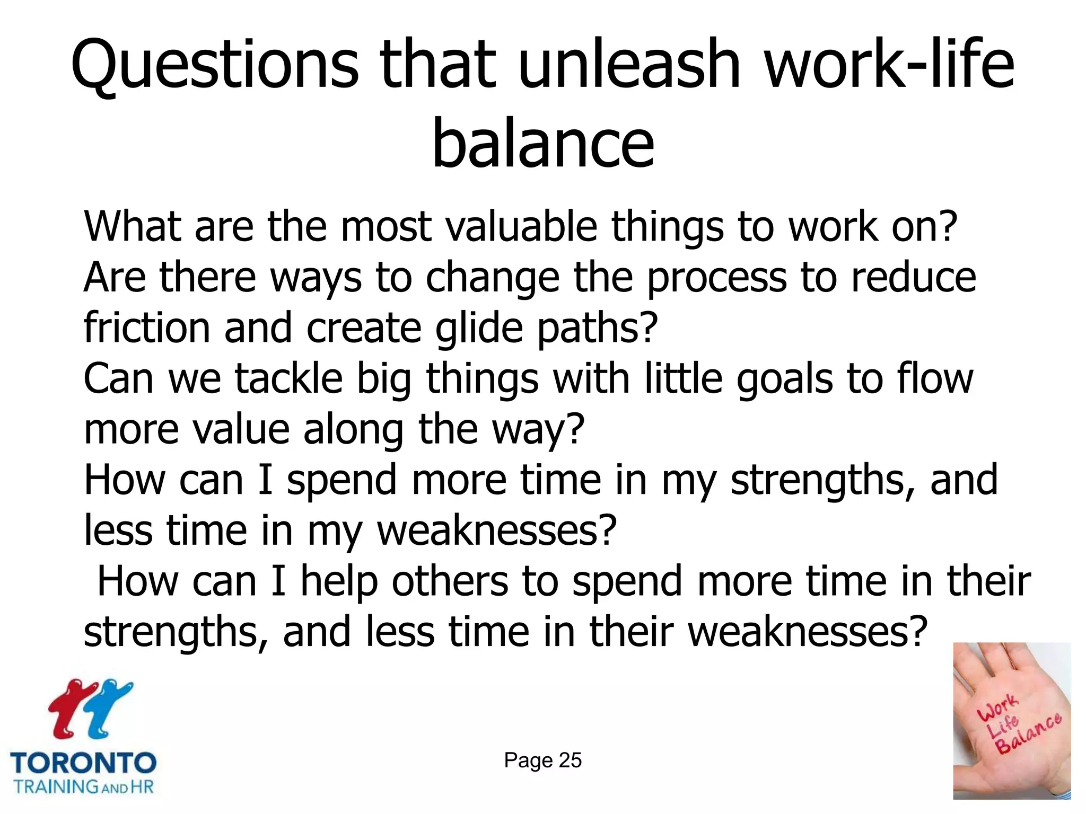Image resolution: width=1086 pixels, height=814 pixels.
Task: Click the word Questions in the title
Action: [x=215, y=66]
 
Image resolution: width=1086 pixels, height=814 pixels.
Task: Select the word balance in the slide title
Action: [x=543, y=143]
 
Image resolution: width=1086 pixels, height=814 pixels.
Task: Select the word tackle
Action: [x=289, y=378]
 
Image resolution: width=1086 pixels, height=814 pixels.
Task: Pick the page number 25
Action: [x=570, y=760]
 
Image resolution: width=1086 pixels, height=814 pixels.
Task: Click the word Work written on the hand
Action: [x=997, y=708]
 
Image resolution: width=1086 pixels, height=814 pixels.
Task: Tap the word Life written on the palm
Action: [x=1003, y=726]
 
